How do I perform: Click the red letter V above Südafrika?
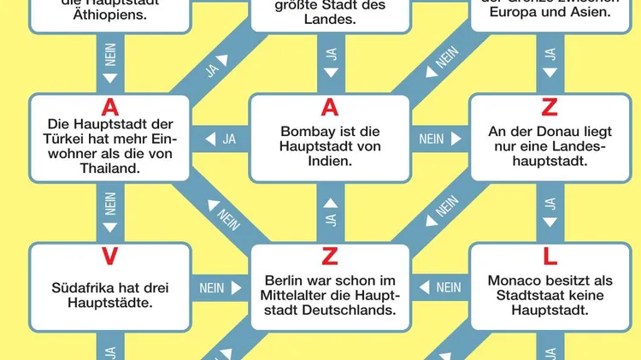(x=109, y=255)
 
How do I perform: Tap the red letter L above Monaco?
(x=550, y=255)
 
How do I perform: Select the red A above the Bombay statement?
(x=330, y=107)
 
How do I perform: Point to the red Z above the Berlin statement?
(x=330, y=255)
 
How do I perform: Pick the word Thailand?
(x=109, y=168)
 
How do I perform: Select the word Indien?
(x=330, y=161)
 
